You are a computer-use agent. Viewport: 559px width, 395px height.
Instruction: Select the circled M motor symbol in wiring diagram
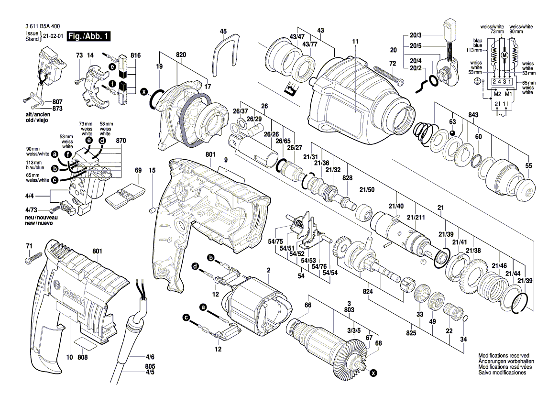(x=503, y=55)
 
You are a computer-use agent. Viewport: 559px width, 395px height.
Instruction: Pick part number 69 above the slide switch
(x=138, y=170)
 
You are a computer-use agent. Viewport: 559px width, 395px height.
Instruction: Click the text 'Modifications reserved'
(x=504, y=356)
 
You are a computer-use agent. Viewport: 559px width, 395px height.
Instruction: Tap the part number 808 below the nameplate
(x=82, y=357)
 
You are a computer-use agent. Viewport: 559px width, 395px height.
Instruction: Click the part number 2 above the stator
(x=269, y=270)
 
